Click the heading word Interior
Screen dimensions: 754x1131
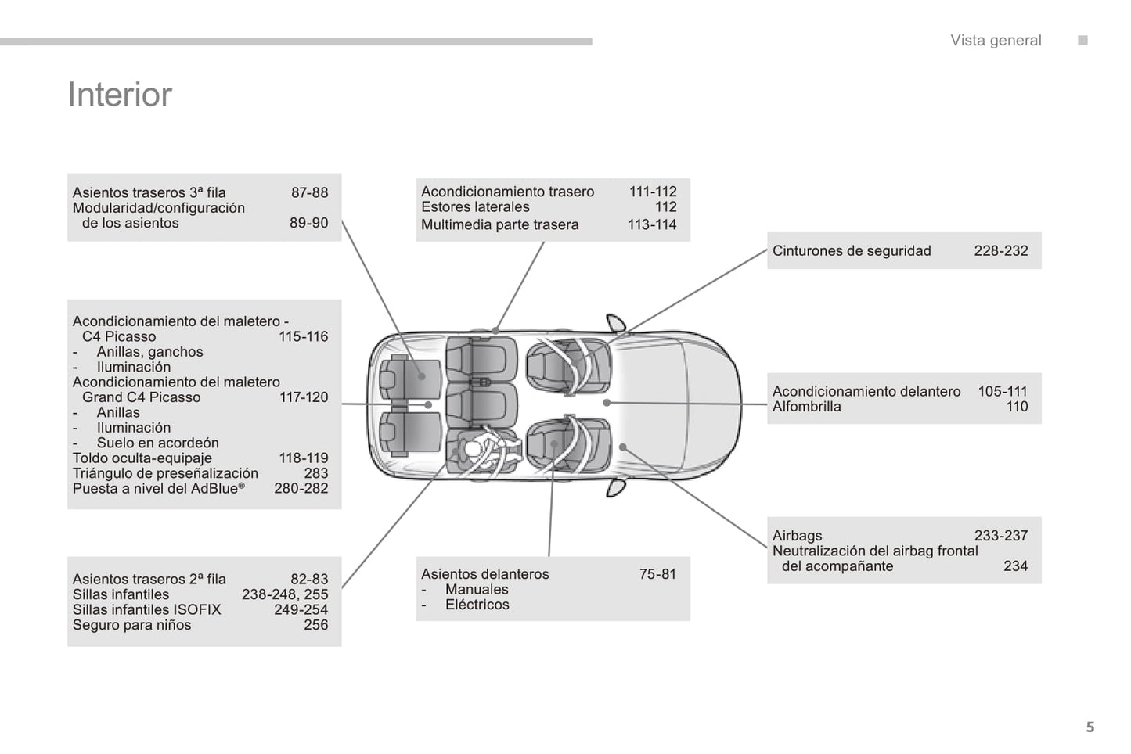(120, 95)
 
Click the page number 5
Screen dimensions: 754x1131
(1090, 727)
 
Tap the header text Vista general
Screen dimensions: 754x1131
(996, 41)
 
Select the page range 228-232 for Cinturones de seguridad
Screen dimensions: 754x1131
(1000, 251)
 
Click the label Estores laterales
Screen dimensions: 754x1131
(475, 207)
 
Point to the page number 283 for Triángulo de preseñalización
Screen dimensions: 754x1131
(315, 473)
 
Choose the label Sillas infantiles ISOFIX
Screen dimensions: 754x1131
(146, 609)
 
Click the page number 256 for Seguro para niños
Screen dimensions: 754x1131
(315, 625)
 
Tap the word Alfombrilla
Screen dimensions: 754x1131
(806, 407)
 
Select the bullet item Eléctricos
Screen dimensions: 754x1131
(477, 605)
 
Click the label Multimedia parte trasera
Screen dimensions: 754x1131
(499, 224)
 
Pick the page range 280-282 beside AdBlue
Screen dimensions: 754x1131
(301, 488)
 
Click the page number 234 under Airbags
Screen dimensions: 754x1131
(1015, 566)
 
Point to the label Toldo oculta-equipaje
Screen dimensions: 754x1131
(142, 458)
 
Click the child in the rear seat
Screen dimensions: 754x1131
(474, 451)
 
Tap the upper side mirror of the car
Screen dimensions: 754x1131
(616, 323)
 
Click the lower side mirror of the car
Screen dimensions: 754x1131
(616, 487)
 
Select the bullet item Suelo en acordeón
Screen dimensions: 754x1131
(157, 443)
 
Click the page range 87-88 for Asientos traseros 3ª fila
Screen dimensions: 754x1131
(309, 192)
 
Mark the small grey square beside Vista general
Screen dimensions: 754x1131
(1082, 41)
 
